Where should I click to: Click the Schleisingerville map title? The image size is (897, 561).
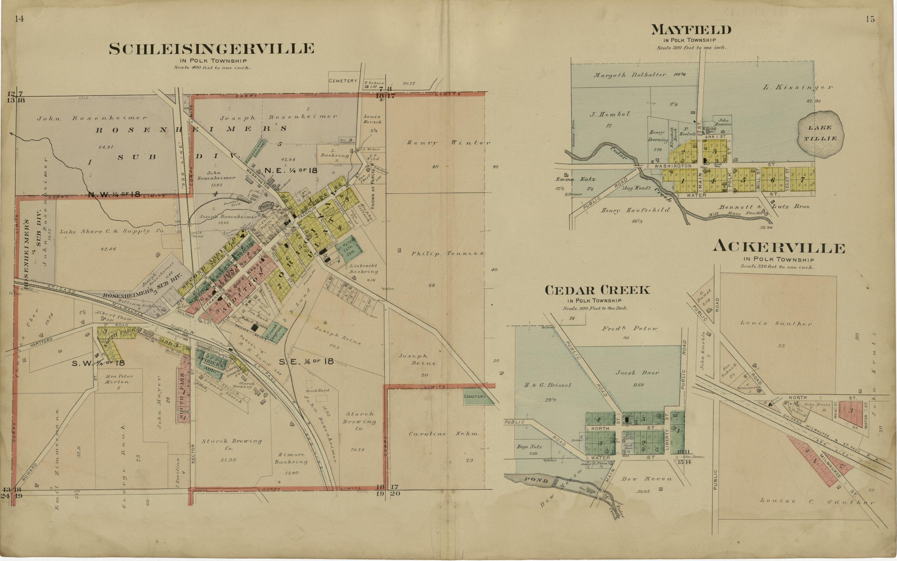pos(211,49)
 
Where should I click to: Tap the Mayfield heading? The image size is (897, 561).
pos(691,30)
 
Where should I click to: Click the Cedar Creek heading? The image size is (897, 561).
pos(597,290)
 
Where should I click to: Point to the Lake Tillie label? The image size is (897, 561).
pos(820,133)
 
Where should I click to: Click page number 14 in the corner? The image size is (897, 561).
pos(19,20)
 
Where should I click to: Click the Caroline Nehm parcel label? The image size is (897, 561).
pos(443,433)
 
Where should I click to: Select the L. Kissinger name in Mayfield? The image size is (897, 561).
pos(797,88)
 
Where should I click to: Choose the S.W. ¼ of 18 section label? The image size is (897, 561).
pos(98,363)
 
